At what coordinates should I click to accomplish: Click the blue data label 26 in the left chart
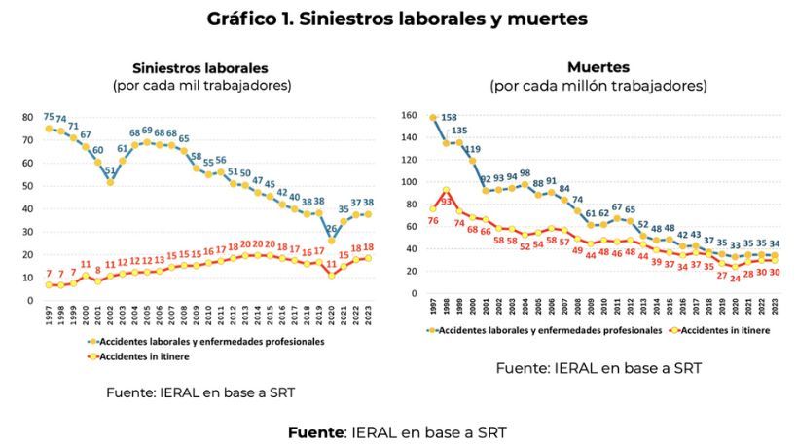(333, 229)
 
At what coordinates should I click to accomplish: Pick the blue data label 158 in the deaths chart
(450, 118)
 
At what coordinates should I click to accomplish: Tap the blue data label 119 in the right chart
(472, 149)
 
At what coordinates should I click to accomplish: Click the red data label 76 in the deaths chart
(432, 220)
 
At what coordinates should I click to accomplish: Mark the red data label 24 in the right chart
(736, 278)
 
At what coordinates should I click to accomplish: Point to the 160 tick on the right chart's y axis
(409, 114)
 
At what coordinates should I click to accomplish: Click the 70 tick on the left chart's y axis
(27, 140)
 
